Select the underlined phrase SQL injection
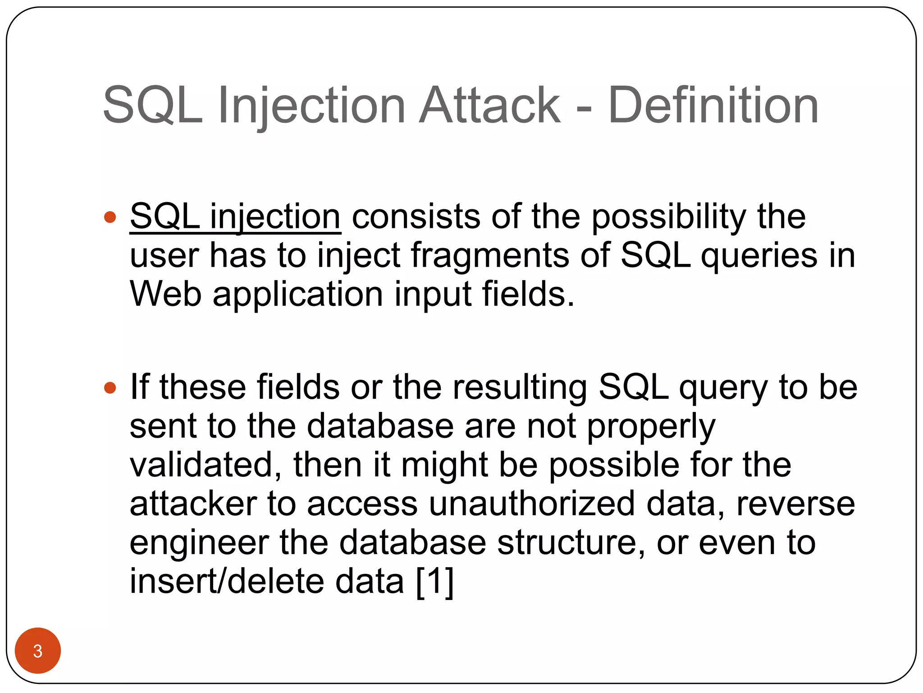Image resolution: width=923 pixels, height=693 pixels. click(x=235, y=217)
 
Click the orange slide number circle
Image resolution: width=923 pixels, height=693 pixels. click(x=38, y=651)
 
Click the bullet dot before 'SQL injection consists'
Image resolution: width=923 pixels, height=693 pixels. click(x=110, y=218)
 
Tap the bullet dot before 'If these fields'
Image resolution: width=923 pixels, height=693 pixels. click(x=110, y=388)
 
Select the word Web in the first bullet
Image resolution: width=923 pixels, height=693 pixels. click(x=165, y=294)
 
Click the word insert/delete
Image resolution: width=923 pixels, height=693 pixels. click(x=226, y=581)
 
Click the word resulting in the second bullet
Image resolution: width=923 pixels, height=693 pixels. click(x=520, y=388)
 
